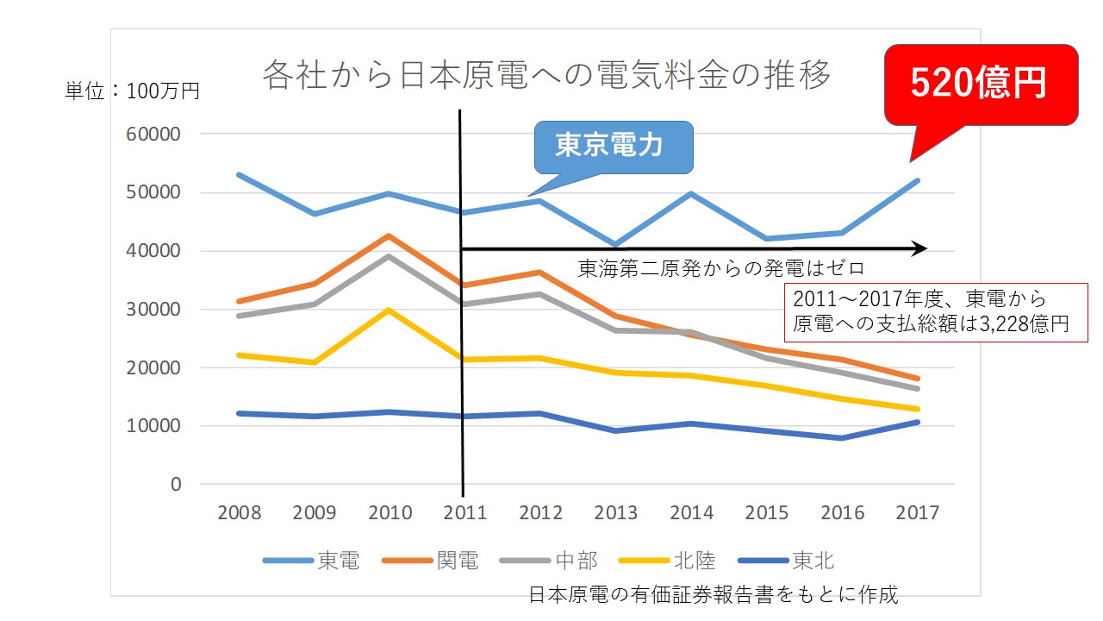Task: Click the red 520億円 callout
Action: [981, 84]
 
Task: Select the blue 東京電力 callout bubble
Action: [613, 147]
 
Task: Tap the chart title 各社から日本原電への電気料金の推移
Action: [546, 75]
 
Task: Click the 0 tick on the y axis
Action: [175, 485]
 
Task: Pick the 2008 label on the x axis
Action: [239, 512]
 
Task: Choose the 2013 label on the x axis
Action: [616, 512]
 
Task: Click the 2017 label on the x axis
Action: [917, 512]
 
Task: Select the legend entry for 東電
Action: [310, 561]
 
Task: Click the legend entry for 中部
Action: [548, 561]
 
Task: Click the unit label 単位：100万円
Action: [132, 91]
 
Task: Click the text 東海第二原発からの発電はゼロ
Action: [720, 268]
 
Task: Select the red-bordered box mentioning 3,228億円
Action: [936, 312]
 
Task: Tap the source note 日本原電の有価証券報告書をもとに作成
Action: [713, 594]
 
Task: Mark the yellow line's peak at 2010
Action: [390, 310]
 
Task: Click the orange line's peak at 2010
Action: [390, 235]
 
